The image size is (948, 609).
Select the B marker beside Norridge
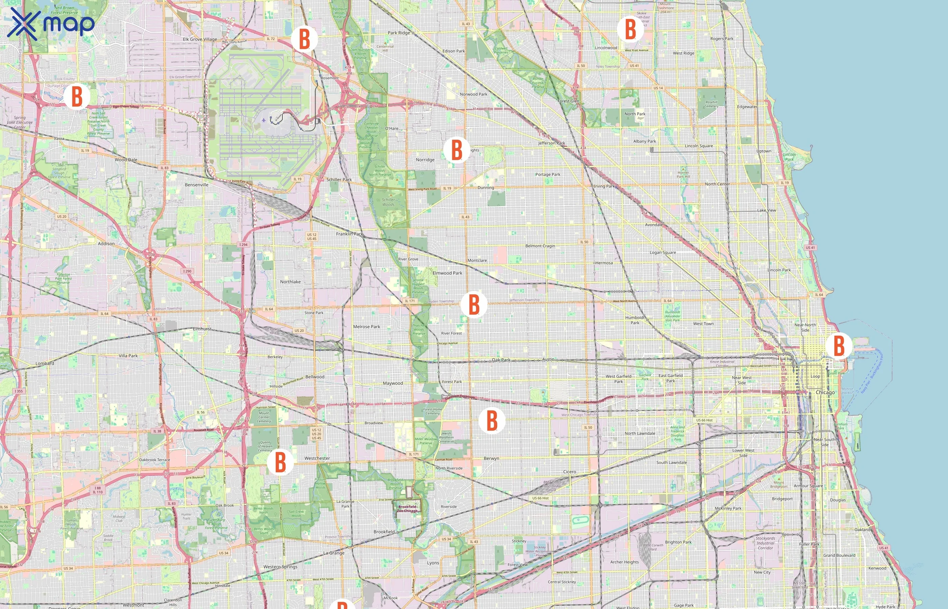coord(457,150)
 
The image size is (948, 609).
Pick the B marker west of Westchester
coord(280,461)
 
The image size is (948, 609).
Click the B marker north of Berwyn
coord(492,420)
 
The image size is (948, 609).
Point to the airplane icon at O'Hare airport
coord(263,120)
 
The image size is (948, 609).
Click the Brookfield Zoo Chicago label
coord(407,509)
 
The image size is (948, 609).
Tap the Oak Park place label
coord(501,360)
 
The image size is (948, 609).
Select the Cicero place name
coord(569,472)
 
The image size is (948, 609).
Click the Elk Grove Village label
coord(200,39)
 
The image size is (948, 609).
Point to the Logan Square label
coord(663,252)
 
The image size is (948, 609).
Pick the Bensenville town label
coord(196,185)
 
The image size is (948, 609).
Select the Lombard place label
coord(45,363)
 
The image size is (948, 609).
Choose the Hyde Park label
coord(885,606)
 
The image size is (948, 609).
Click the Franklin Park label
coord(349,234)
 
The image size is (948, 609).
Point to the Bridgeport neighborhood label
coord(782,499)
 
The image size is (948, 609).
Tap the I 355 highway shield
coord(18,391)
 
